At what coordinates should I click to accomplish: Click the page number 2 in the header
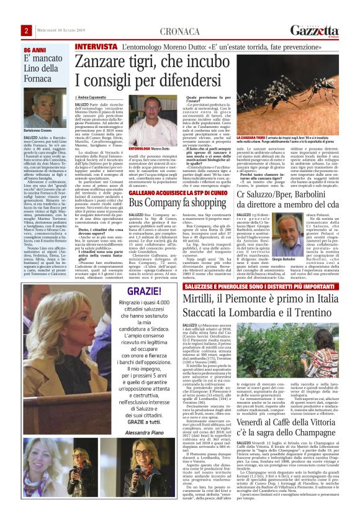(27, 30)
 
